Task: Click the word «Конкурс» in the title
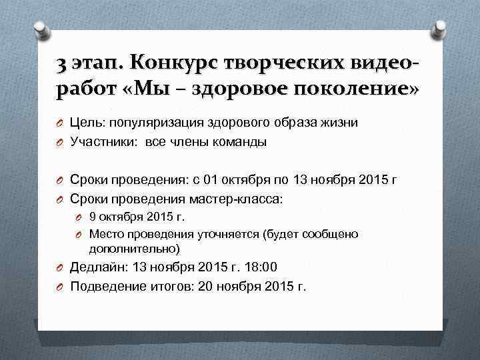point(171,64)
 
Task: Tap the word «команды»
point(241,141)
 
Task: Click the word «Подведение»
point(105,287)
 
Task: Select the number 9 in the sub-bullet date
point(93,217)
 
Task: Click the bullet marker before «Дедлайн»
point(59,268)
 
